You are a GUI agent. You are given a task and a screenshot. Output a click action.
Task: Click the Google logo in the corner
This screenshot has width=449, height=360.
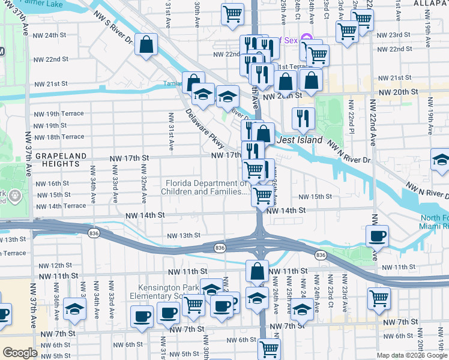pyautogui.click(x=20, y=353)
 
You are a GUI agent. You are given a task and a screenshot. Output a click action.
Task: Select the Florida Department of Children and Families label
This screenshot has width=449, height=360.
pyautogui.click(x=204, y=187)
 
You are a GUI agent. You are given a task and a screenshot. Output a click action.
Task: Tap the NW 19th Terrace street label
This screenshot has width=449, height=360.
pyautogui.click(x=59, y=114)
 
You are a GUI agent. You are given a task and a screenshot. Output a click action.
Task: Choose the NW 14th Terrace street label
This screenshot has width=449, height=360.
pyautogui.click(x=60, y=206)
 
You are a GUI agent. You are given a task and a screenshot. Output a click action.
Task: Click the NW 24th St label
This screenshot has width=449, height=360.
pyautogui.click(x=59, y=35)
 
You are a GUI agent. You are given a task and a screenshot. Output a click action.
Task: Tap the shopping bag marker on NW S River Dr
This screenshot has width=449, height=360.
pyautogui.click(x=146, y=44)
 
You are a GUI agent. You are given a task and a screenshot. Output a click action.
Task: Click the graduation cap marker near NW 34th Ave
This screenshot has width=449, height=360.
pyautogui.click(x=75, y=308)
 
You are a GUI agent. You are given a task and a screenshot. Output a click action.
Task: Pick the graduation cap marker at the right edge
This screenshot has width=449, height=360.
pyautogui.click(x=441, y=160)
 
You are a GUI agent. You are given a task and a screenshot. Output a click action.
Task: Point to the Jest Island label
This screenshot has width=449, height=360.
pyautogui.click(x=300, y=140)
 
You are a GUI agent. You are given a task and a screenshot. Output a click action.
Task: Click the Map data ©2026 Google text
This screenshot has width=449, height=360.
pyautogui.click(x=411, y=355)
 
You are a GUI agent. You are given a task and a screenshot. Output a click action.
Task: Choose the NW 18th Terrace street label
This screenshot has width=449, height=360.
pyautogui.click(x=59, y=137)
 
